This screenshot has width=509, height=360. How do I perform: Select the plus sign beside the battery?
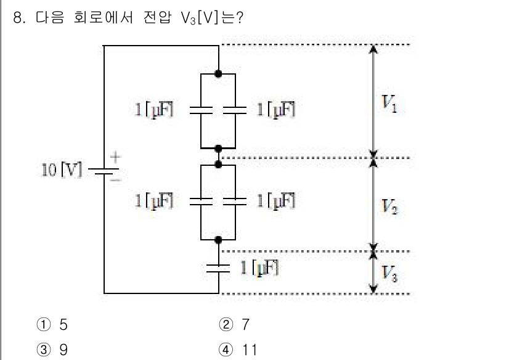click(115, 157)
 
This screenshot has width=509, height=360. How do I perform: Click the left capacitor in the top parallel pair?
click(202, 110)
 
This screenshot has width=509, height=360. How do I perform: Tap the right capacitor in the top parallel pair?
click(235, 110)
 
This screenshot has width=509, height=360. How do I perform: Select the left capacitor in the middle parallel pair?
click(202, 200)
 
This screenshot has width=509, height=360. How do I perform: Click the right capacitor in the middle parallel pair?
click(235, 200)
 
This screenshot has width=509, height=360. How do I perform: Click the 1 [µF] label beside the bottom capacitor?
click(259, 268)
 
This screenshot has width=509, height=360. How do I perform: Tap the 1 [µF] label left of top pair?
click(155, 110)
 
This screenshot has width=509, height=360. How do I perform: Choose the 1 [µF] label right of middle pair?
click(276, 200)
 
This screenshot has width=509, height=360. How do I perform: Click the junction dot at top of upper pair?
click(218, 73)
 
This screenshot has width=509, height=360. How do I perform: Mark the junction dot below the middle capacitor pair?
click(218, 238)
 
